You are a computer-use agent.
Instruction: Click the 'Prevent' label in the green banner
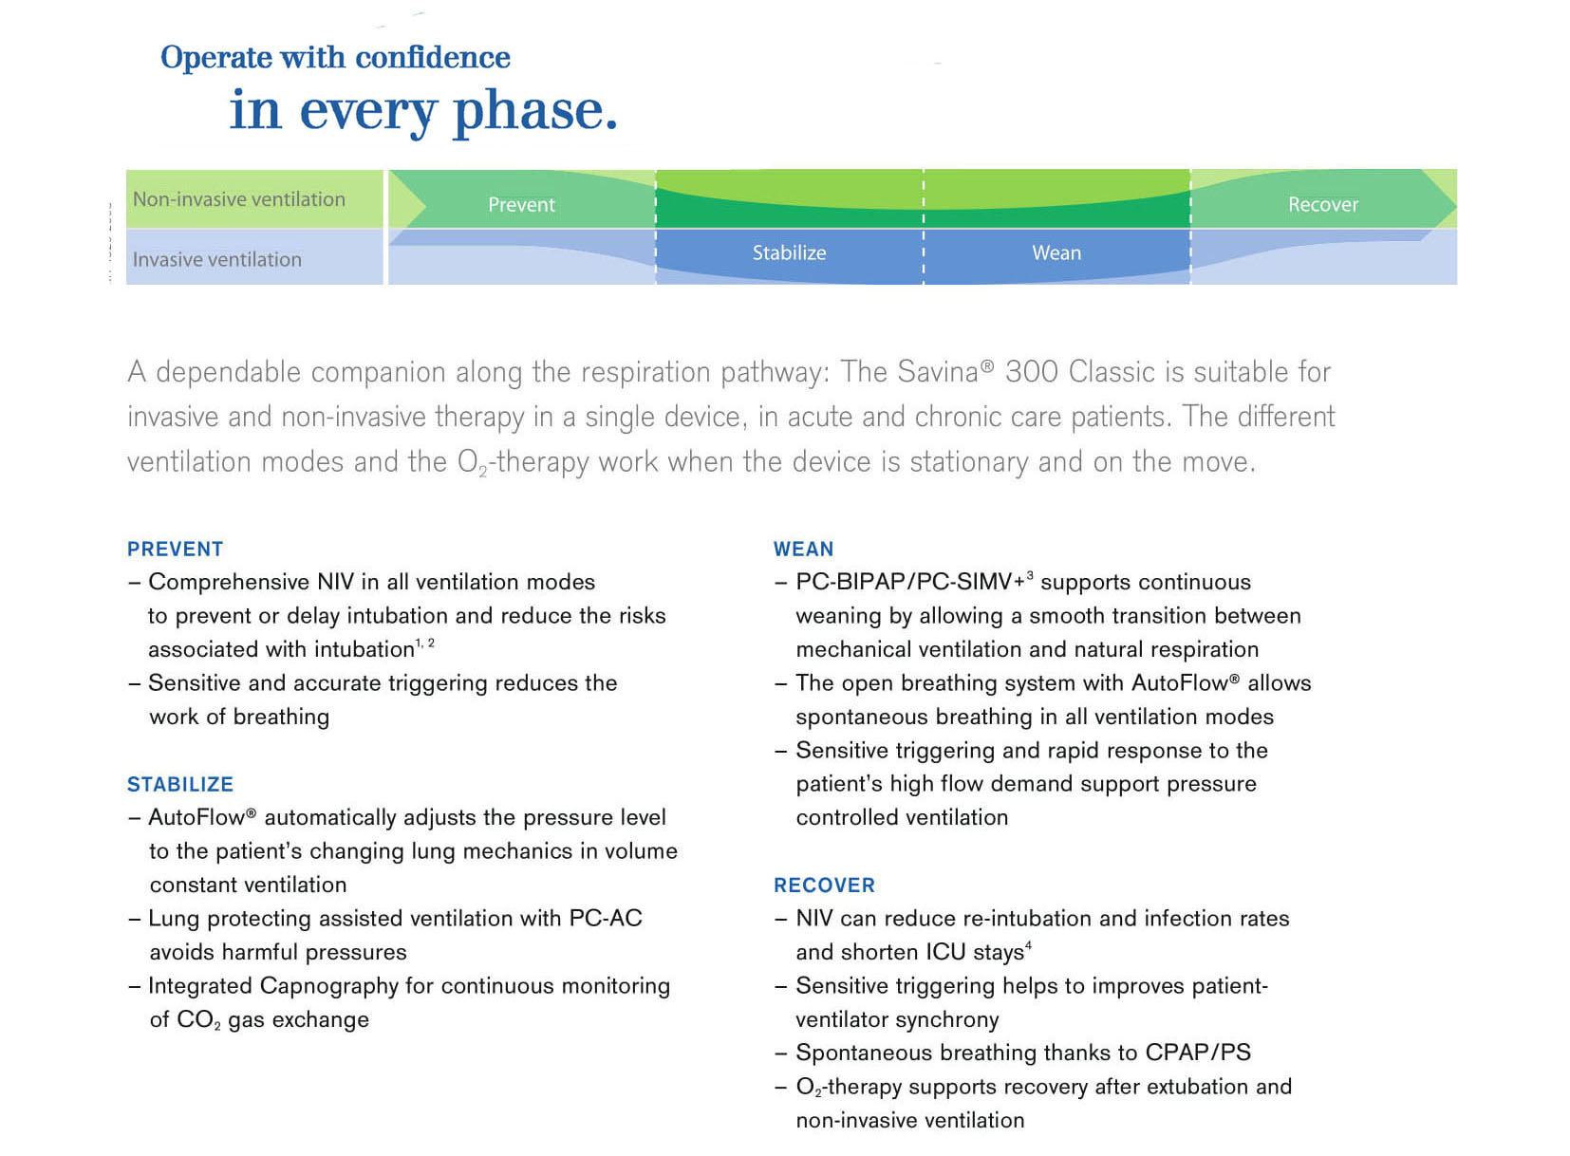[521, 205]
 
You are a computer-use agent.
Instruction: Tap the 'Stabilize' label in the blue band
[789, 252]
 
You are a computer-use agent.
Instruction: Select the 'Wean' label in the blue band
[1056, 252]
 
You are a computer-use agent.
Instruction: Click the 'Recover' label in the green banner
[1322, 205]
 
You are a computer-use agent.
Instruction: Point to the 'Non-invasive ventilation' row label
[239, 199]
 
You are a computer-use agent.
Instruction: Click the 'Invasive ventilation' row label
[217, 259]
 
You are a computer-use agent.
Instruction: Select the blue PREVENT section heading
[176, 550]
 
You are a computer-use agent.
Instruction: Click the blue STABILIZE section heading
[180, 785]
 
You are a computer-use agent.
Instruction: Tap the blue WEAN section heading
[803, 550]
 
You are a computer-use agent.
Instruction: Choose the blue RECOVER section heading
[824, 886]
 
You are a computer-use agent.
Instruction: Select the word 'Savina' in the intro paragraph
[938, 372]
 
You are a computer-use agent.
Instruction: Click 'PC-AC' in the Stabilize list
[606, 919]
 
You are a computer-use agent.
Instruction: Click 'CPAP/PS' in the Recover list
[1198, 1053]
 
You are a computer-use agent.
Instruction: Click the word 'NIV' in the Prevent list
[335, 582]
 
